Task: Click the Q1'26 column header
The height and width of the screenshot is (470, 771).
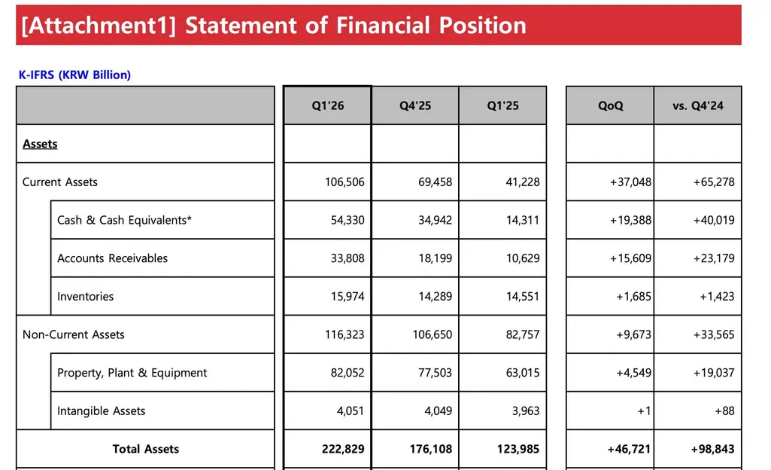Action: (x=327, y=105)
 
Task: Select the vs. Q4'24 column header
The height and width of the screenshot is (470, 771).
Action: (x=698, y=105)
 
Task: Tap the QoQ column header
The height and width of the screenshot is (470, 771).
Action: (x=610, y=105)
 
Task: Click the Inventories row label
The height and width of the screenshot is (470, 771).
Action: (x=85, y=296)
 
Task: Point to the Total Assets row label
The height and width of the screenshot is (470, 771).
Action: (x=145, y=449)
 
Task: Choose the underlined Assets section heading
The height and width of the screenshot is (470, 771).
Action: (x=40, y=144)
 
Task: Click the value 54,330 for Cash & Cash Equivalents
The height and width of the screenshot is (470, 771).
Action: (x=348, y=220)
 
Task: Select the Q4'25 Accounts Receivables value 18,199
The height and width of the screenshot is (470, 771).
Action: (x=436, y=258)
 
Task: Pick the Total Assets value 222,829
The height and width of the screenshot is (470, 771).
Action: (x=343, y=449)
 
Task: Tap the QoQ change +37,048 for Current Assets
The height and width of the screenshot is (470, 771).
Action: (x=630, y=182)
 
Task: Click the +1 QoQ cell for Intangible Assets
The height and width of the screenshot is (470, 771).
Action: (x=644, y=411)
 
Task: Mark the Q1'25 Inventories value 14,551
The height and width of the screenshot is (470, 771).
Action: (x=523, y=296)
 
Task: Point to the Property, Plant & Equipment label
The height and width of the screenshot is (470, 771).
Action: (x=132, y=373)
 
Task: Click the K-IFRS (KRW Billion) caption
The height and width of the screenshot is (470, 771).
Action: (x=74, y=75)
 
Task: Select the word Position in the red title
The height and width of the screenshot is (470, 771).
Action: (x=482, y=26)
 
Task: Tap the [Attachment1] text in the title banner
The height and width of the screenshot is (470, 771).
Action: (x=99, y=26)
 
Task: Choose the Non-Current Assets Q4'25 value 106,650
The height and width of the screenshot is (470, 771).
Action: (x=433, y=334)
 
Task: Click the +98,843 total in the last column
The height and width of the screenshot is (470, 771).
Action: (x=712, y=449)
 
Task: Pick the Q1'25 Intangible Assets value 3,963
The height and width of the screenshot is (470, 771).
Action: (x=526, y=411)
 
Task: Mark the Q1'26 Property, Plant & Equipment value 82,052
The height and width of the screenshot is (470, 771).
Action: (x=348, y=373)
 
